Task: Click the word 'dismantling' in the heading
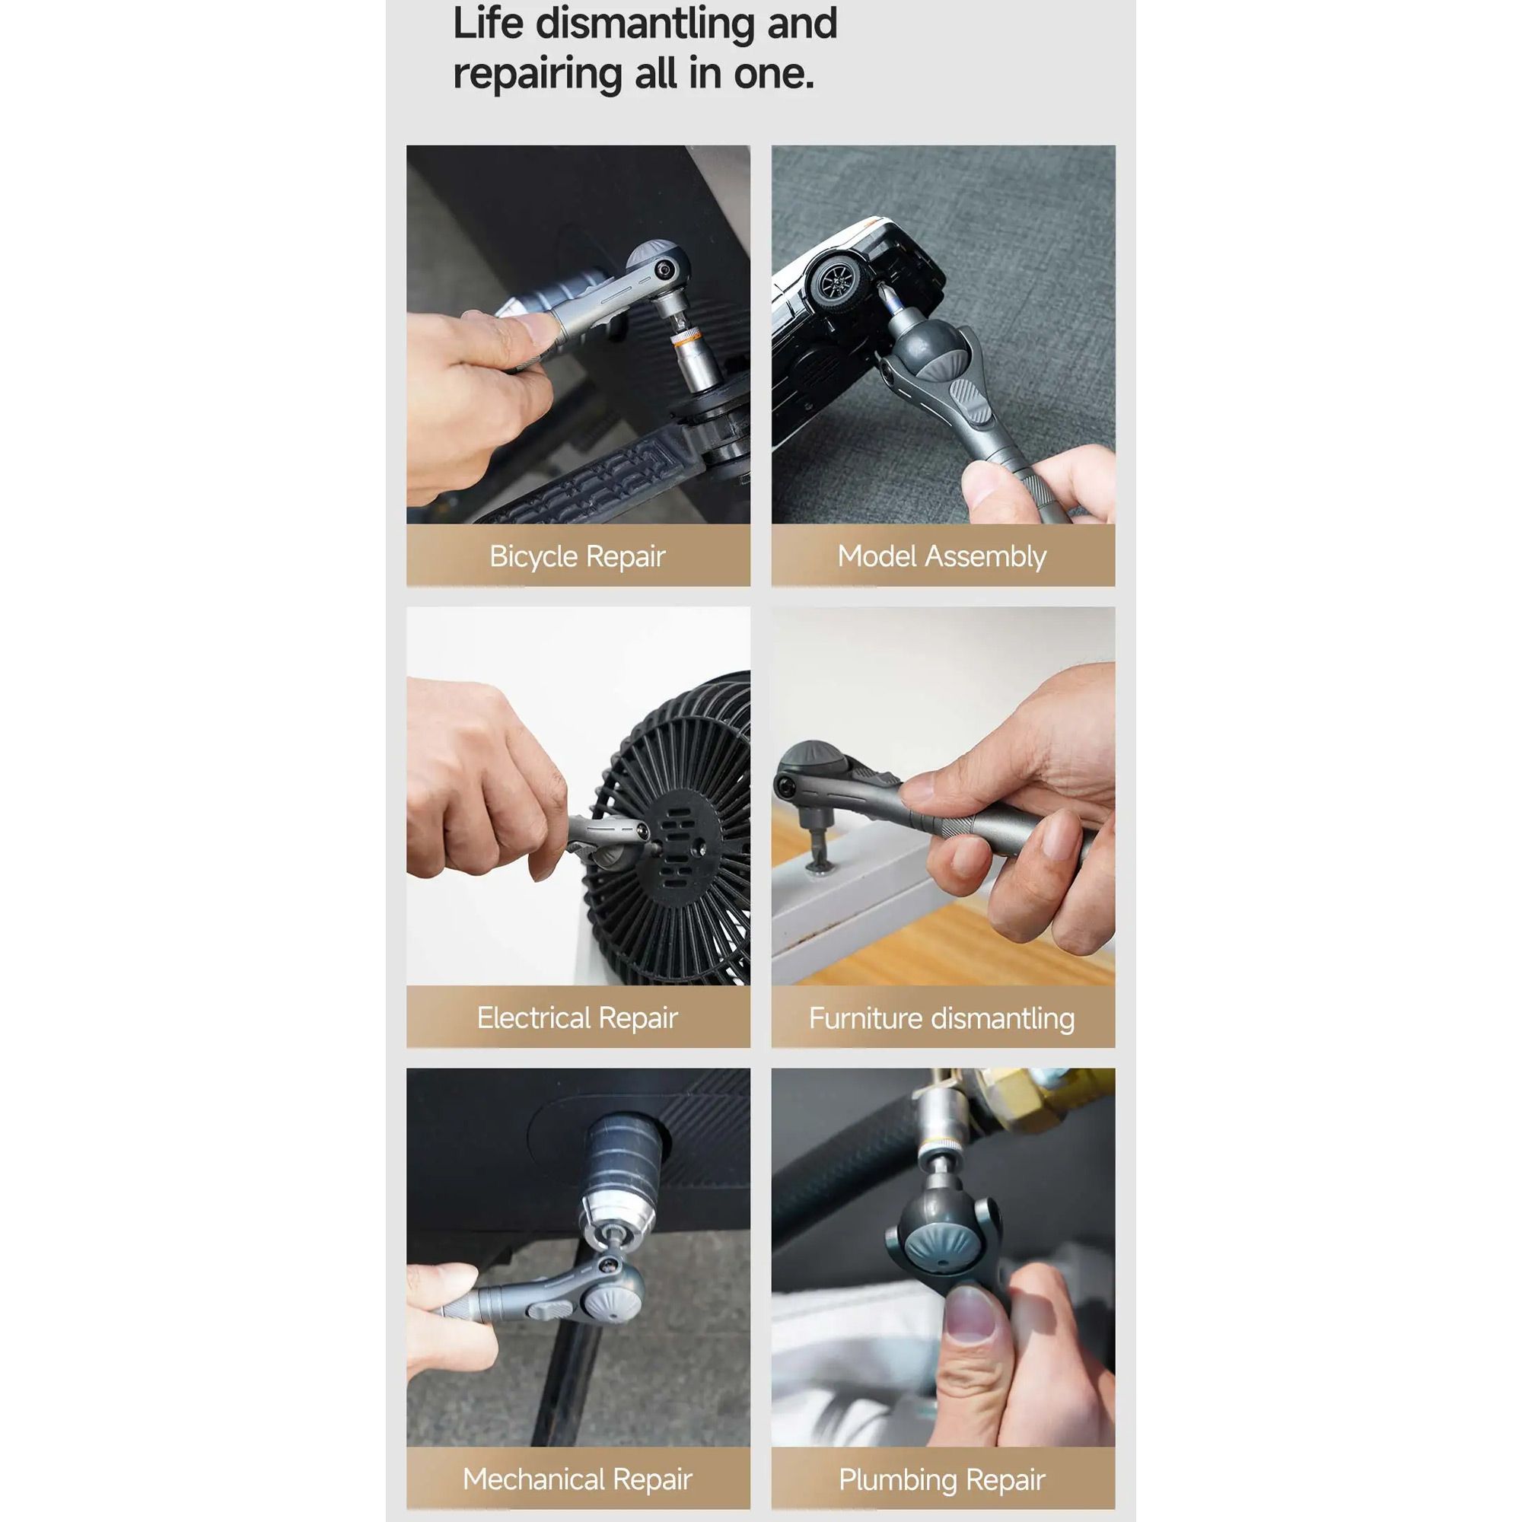tap(645, 24)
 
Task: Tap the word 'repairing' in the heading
tap(537, 75)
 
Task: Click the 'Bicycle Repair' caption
tap(578, 557)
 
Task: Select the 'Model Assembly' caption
tap(942, 557)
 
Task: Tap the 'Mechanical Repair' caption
tap(578, 1479)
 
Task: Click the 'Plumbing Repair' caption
tap(942, 1479)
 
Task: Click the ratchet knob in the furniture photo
tap(810, 760)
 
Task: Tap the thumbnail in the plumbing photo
tap(969, 1315)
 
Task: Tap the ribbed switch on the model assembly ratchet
tap(970, 401)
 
